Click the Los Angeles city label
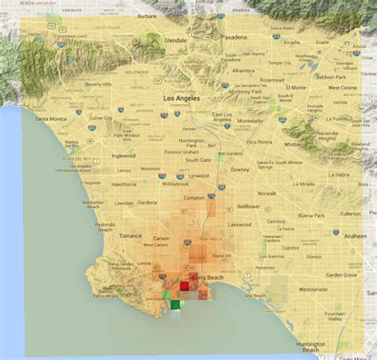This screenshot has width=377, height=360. coord(181,98)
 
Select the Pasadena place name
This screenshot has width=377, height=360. coord(235,37)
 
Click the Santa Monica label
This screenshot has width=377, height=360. coord(52,118)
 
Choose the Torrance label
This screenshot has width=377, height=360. coord(131,236)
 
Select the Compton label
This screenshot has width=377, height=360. coord(194,197)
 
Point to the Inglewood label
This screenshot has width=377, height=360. coord(124,156)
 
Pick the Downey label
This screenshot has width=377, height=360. coord(240,169)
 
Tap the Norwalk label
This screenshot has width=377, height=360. coord(266,193)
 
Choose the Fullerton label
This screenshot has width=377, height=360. coord(350,214)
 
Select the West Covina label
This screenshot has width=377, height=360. coord(343,87)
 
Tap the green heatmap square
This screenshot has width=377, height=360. coord(176,304)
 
